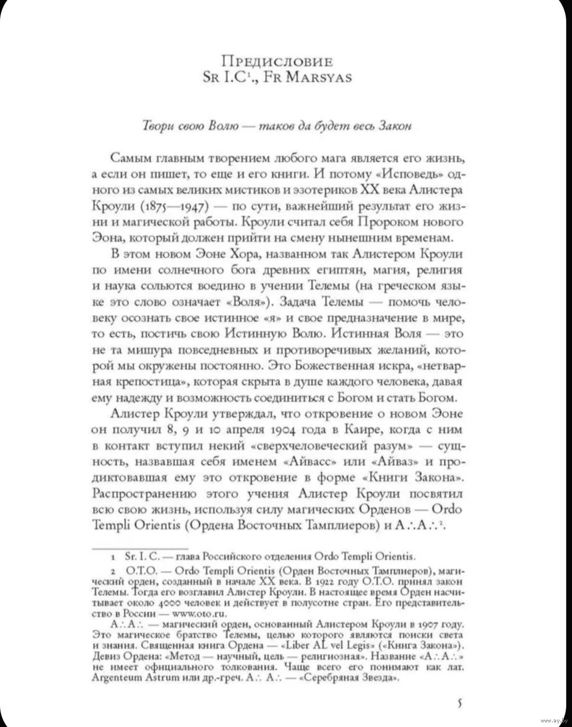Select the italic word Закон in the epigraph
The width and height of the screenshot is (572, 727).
(395, 127)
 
